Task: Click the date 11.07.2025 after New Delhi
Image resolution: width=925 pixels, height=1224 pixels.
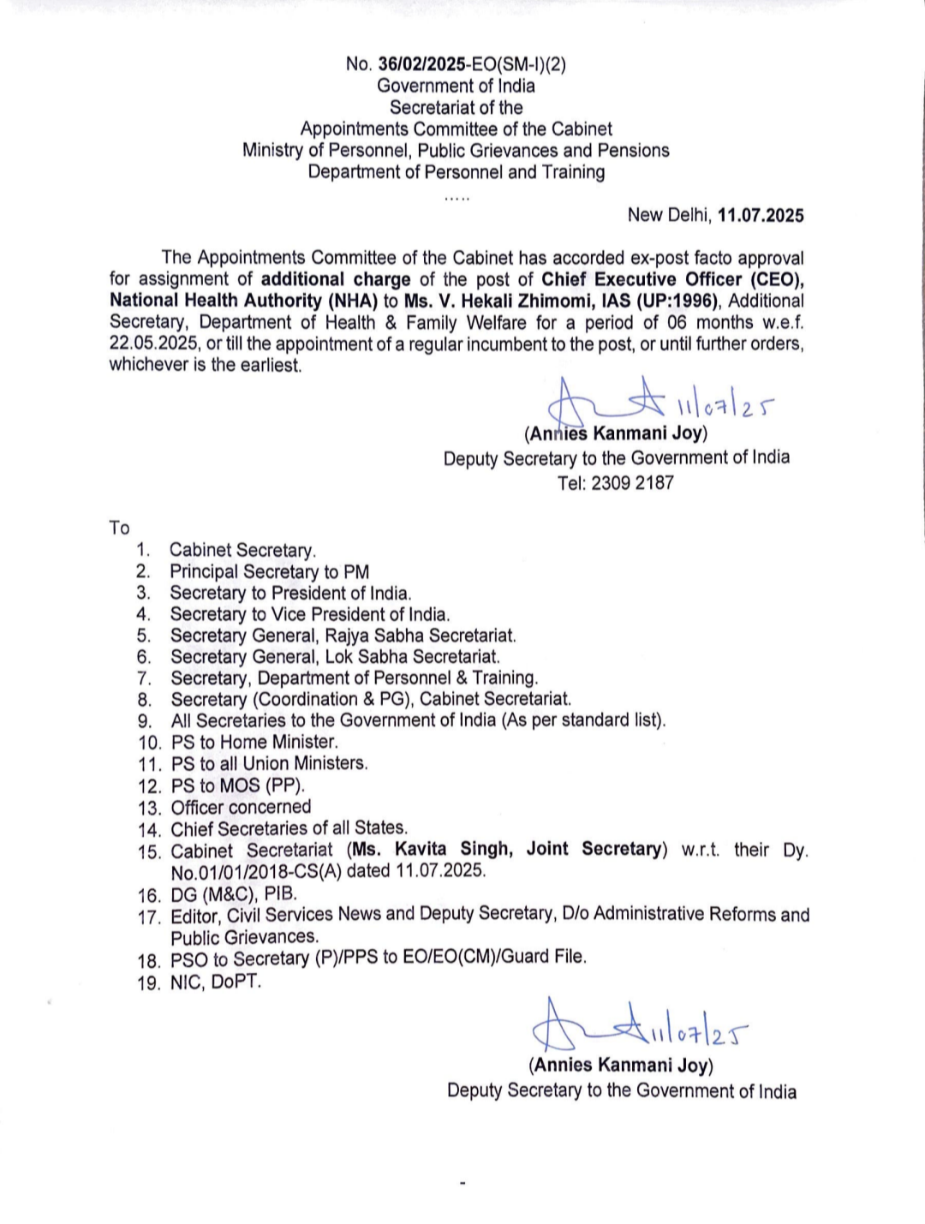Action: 761,215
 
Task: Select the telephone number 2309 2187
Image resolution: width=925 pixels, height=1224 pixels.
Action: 632,483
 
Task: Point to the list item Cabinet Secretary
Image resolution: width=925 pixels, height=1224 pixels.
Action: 242,550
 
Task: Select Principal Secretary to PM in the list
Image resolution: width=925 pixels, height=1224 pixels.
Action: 269,571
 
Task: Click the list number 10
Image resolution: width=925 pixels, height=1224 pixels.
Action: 150,743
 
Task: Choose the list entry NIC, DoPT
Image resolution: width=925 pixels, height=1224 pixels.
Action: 215,982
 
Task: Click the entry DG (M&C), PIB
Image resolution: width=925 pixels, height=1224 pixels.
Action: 234,893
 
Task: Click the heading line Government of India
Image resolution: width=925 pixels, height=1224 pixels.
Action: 456,86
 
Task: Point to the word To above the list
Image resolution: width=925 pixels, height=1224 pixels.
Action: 119,528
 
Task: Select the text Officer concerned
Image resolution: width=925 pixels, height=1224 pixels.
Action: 241,807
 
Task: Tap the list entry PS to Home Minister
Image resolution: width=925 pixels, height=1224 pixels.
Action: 254,742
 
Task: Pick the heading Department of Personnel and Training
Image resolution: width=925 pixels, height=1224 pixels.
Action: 456,172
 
